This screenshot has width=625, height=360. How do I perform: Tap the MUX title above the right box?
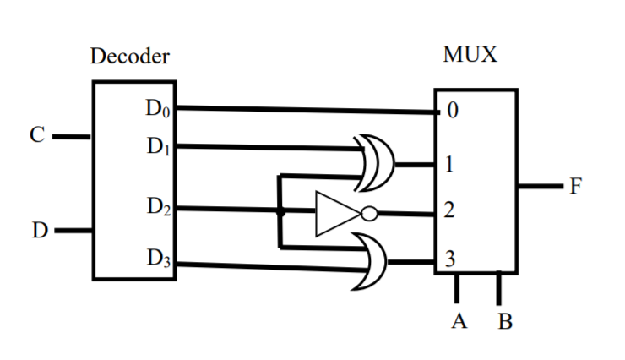(470, 55)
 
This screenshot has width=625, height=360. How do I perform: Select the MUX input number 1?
(452, 165)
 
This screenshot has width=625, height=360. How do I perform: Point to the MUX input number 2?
(451, 213)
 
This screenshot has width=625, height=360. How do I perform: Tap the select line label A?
(459, 323)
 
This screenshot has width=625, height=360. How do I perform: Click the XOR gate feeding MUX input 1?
(378, 162)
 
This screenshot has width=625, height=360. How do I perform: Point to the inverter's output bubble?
(368, 214)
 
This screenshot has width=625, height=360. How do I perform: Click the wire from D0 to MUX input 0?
(304, 110)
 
